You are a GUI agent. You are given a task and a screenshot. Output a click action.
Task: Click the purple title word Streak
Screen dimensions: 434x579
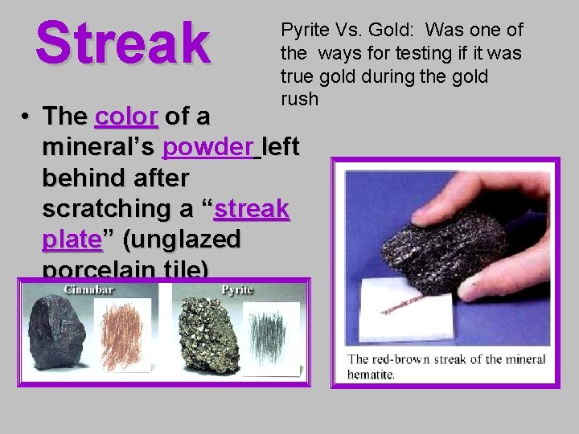point(123,42)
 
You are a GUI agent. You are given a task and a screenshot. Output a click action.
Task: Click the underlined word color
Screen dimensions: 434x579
point(126,117)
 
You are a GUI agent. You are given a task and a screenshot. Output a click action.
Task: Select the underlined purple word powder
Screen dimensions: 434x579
point(208,147)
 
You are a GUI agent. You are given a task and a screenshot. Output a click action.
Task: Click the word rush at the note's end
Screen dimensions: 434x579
point(299,99)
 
